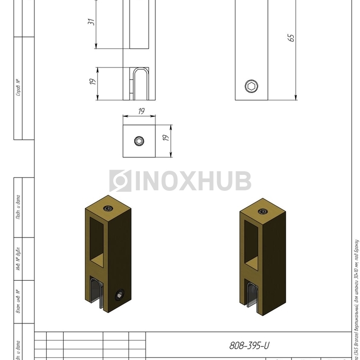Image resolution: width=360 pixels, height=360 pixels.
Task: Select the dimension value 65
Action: [291, 38]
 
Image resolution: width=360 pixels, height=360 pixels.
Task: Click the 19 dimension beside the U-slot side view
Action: [93, 82]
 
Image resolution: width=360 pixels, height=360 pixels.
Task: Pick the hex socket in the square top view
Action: [139, 141]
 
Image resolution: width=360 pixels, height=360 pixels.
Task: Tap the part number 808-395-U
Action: [249, 346]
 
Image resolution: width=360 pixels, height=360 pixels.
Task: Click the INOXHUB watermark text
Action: [193, 181]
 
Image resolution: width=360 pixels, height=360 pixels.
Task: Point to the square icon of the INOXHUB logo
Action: [120, 181]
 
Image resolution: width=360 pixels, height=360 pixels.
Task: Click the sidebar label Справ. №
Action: [18, 88]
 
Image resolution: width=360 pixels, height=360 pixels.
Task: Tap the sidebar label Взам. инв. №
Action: [18, 302]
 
